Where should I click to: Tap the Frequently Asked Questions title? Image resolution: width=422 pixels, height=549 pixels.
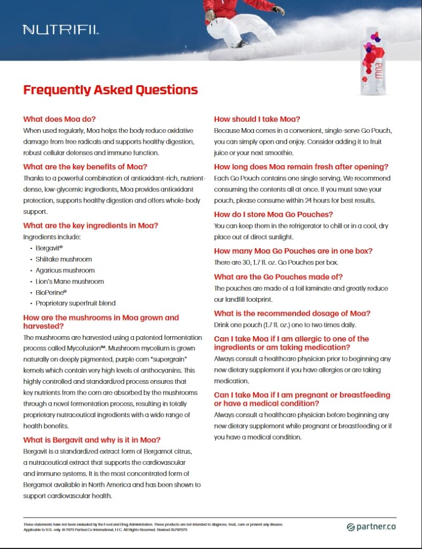(x=110, y=90)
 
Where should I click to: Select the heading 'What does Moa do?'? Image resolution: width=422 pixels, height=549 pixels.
(x=59, y=119)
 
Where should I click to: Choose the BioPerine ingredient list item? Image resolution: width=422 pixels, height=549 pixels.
(x=51, y=292)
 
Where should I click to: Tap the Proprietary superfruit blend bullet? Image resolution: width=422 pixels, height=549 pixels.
(x=76, y=303)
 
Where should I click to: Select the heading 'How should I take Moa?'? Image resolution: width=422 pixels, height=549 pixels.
(x=257, y=119)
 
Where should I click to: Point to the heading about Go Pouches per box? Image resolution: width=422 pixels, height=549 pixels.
(x=293, y=250)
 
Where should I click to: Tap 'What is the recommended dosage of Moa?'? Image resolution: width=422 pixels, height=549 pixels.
(x=292, y=313)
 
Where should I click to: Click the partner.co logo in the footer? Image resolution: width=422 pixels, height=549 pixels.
(x=371, y=526)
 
